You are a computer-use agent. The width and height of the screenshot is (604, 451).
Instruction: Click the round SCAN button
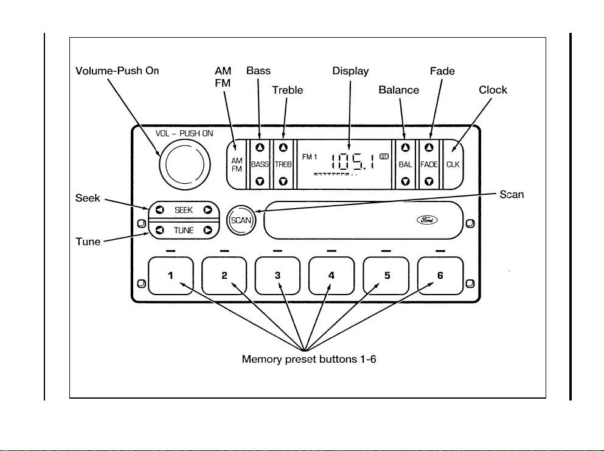click(x=241, y=220)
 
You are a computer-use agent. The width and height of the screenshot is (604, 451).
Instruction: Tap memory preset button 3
click(x=277, y=276)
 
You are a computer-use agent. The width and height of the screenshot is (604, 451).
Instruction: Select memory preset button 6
click(x=440, y=276)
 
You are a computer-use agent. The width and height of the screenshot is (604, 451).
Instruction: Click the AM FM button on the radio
click(x=237, y=164)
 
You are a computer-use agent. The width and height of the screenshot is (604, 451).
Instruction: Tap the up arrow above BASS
click(x=260, y=148)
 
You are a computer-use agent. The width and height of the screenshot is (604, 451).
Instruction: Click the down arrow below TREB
click(x=283, y=181)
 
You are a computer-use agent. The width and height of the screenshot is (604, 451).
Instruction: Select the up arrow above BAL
click(x=405, y=148)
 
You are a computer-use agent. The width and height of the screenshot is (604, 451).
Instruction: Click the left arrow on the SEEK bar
click(x=159, y=210)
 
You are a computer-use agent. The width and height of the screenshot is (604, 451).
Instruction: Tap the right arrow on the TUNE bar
click(x=208, y=230)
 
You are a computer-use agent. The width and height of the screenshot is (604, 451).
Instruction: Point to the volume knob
click(x=185, y=164)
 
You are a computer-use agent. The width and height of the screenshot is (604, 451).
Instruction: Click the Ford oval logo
click(x=427, y=220)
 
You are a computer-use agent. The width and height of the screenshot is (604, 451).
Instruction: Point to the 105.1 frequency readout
click(x=353, y=161)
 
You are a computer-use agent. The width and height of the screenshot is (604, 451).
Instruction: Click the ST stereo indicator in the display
click(x=384, y=156)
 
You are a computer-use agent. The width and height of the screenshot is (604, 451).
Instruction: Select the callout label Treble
click(x=288, y=90)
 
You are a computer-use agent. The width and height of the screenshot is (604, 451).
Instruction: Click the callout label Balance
click(x=398, y=90)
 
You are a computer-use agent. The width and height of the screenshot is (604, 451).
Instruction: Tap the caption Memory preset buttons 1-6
click(x=309, y=359)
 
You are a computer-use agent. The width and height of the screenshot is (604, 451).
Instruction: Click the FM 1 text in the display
click(x=310, y=157)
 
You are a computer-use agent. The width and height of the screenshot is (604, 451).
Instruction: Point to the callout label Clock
click(x=493, y=90)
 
